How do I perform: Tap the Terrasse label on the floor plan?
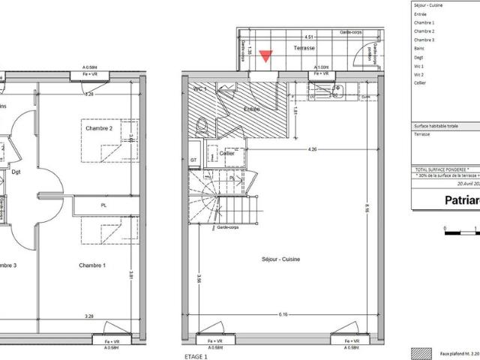click(x=304, y=48)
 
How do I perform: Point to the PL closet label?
click(x=103, y=205)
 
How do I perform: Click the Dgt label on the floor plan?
click(x=16, y=171)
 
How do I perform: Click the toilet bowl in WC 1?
click(x=199, y=129)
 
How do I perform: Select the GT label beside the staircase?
click(x=193, y=160)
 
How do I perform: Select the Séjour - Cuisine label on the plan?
click(x=282, y=259)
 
